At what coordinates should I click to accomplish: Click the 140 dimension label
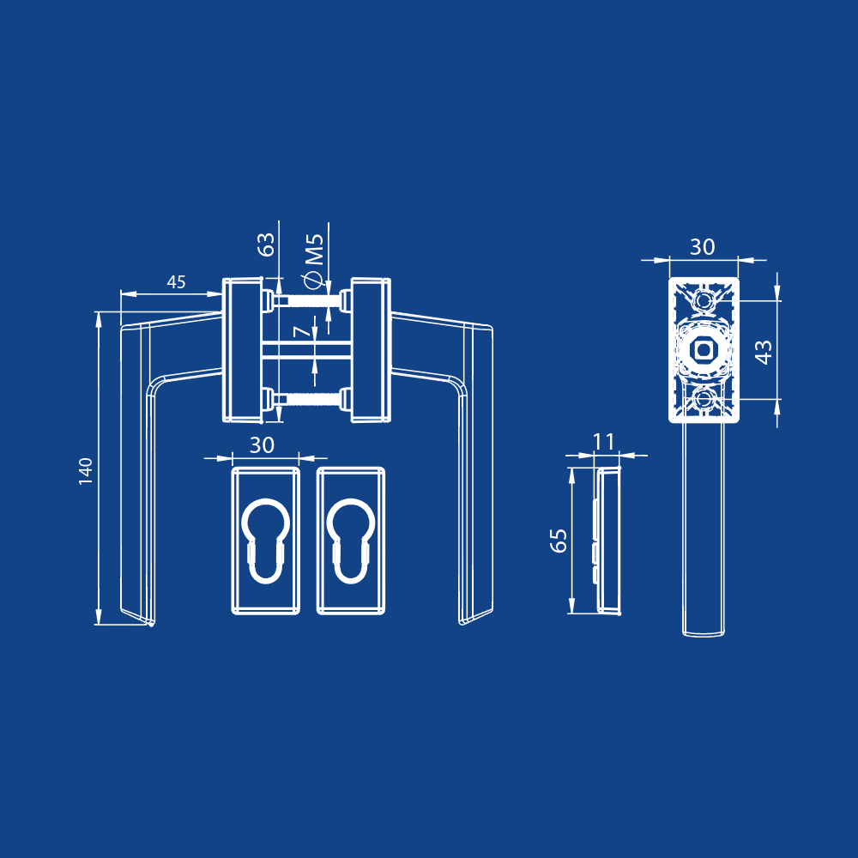click(86, 471)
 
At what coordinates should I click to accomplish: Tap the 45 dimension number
click(176, 282)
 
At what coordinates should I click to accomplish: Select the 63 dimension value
click(267, 245)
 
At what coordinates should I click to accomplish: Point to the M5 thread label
click(315, 250)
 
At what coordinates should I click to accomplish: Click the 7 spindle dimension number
click(302, 330)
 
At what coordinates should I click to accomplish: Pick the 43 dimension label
click(764, 352)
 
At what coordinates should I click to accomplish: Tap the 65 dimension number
click(559, 541)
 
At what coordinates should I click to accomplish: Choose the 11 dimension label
click(603, 442)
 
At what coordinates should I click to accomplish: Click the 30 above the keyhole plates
click(262, 445)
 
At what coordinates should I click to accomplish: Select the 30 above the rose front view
click(703, 247)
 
